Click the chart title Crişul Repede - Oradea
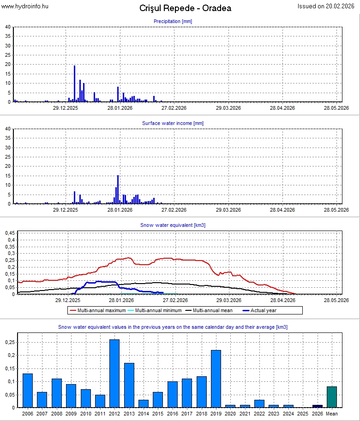coord(185,8)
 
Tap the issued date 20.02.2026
coord(328,6)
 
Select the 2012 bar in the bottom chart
coord(114,374)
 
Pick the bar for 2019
coord(216,379)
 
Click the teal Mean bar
coord(332,397)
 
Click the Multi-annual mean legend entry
coord(212,310)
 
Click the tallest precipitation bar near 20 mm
coord(74,83)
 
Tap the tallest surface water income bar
coord(118,190)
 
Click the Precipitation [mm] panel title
coord(173,21)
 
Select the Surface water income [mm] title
coord(173,123)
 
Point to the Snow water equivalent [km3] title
coord(173,225)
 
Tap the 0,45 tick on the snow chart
coord(10,233)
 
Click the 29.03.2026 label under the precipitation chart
coord(228,108)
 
